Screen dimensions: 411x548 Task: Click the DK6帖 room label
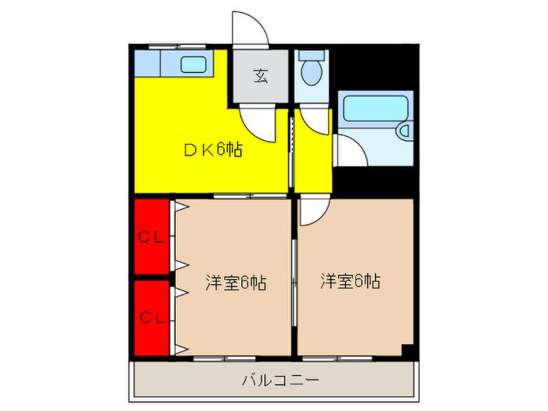(213, 150)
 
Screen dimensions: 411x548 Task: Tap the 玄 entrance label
(260, 76)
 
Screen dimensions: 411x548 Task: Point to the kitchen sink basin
(193, 64)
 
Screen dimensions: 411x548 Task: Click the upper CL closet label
(152, 237)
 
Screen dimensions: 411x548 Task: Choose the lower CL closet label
(152, 318)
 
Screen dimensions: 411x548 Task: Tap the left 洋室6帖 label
(236, 283)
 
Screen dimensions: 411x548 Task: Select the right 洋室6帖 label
(350, 281)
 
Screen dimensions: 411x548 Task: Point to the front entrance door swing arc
(249, 29)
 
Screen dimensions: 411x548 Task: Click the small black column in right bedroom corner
(407, 350)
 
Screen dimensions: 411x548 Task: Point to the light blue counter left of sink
(148, 64)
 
